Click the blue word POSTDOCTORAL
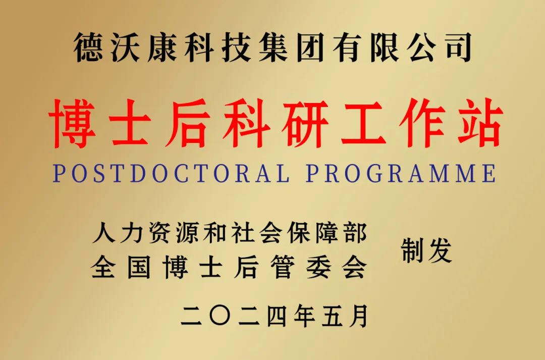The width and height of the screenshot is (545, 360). (172, 173)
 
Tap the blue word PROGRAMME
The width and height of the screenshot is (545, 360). (401, 173)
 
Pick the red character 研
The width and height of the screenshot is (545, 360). (306, 124)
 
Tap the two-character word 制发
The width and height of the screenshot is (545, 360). (426, 251)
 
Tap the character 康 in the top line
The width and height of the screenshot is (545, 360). (165, 47)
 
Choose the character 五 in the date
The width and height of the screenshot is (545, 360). (331, 316)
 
